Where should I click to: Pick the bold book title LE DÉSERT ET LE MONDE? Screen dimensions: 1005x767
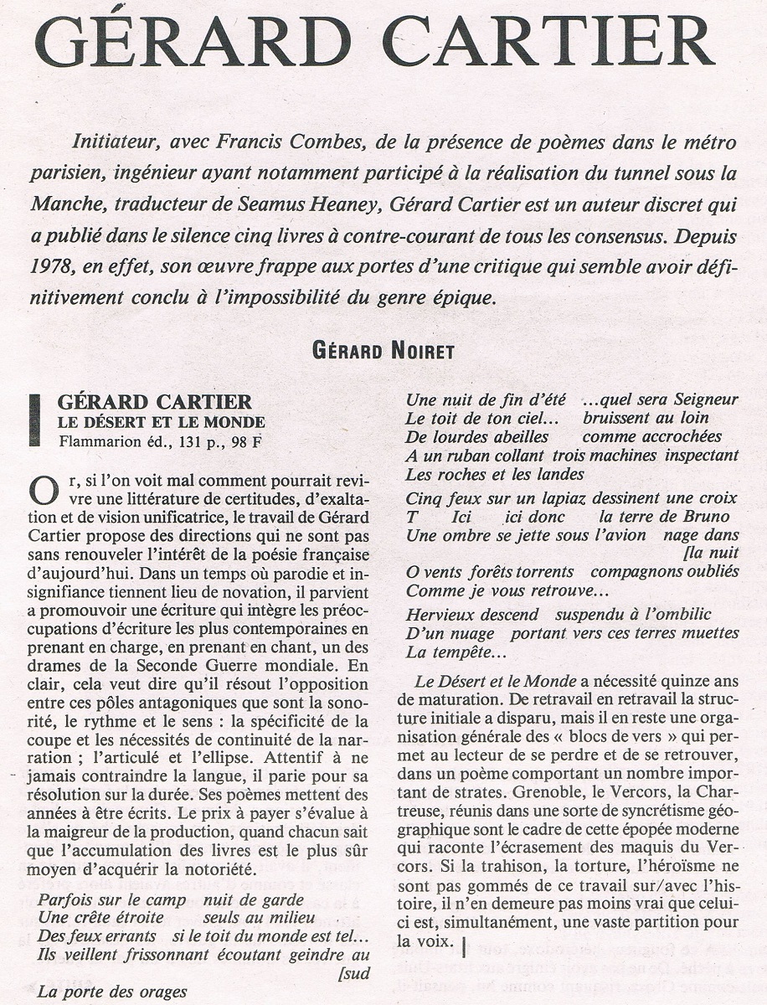coord(161,422)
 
